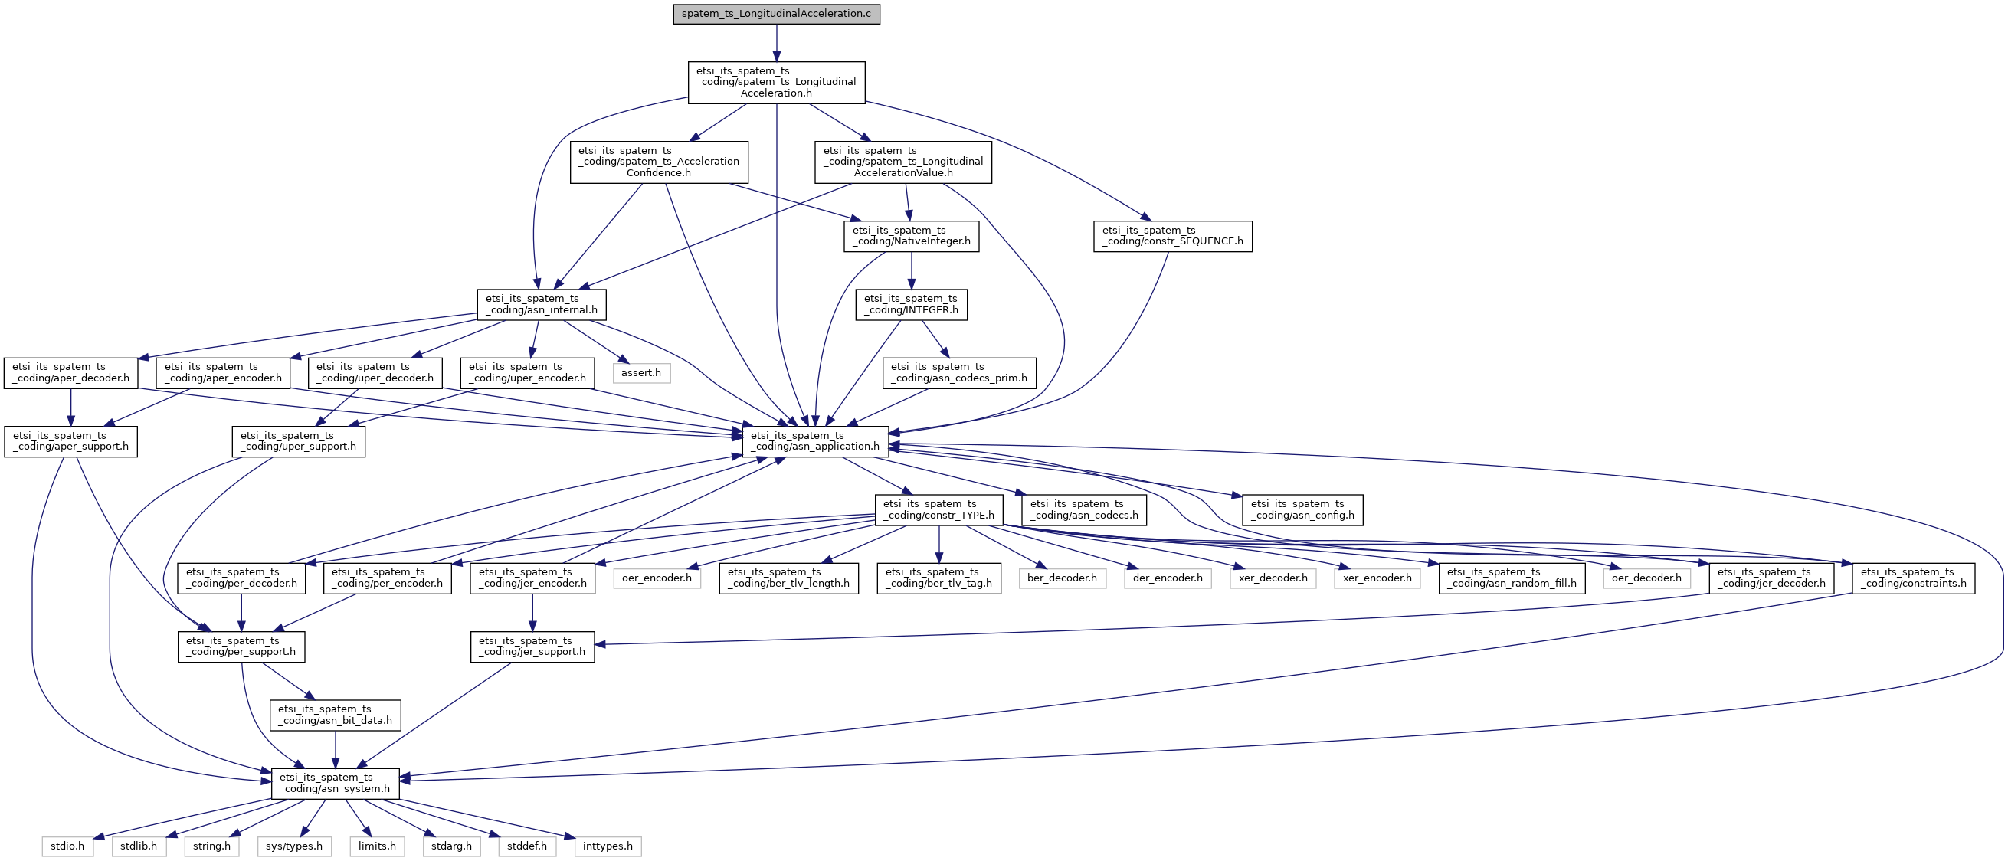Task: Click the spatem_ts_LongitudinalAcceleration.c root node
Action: click(776, 14)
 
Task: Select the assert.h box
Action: click(640, 373)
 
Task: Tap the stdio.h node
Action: click(68, 846)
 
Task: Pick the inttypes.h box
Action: click(608, 846)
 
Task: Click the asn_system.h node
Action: click(336, 783)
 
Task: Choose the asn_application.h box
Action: click(815, 441)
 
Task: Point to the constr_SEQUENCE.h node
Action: click(1173, 236)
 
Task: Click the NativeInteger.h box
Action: click(912, 236)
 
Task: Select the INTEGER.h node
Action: click(911, 305)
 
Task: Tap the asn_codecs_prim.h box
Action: click(960, 373)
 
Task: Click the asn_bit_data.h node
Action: click(336, 715)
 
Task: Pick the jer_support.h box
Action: click(532, 647)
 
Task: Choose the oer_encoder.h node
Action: click(657, 578)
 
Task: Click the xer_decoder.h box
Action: click(1273, 578)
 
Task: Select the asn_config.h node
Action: click(1302, 509)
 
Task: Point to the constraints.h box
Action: click(1914, 578)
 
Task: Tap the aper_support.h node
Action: click(71, 441)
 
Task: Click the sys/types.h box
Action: click(294, 846)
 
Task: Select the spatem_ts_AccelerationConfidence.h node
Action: click(659, 162)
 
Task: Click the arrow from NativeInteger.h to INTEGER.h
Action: click(912, 270)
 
